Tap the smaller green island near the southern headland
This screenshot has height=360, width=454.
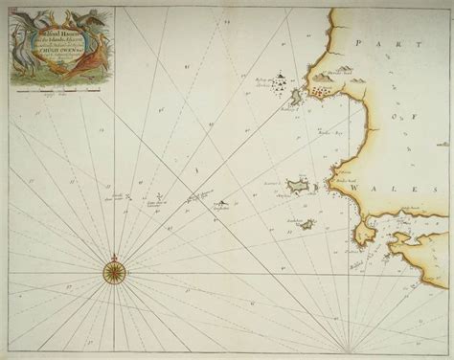click(306, 225)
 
